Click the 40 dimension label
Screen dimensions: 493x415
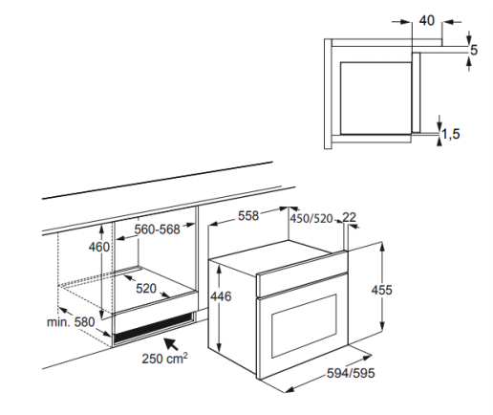pos(426,21)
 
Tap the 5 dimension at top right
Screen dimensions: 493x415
pos(474,50)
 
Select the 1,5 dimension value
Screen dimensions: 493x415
pos(451,134)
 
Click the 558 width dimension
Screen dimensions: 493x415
pos(248,216)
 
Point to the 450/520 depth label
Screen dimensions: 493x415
pos(311,219)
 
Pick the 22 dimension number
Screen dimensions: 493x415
pos(349,217)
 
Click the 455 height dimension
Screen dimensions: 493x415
pos(382,290)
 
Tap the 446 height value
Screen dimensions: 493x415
pos(221,296)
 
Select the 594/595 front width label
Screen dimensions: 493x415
pos(351,373)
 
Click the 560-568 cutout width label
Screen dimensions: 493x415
pos(158,229)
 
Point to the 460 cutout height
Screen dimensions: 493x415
pos(99,247)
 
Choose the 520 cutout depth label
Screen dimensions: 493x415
pos(146,289)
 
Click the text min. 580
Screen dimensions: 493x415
pos(71,322)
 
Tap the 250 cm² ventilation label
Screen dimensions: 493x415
pos(164,359)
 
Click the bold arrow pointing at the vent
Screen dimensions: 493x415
pos(171,343)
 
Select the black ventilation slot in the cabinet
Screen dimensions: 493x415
pos(154,328)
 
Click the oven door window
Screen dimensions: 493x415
pos(304,325)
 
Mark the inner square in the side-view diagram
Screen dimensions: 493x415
pos(375,98)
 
